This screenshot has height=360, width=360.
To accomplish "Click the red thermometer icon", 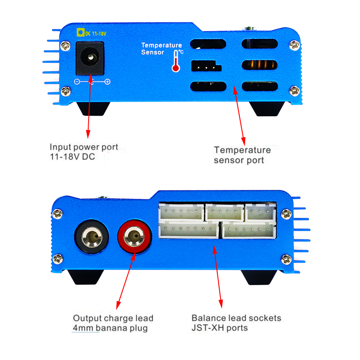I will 175,62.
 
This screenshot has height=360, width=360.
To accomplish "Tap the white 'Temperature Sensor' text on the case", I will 162,49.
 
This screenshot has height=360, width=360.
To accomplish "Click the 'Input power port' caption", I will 84,147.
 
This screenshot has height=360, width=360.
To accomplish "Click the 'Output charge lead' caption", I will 113,318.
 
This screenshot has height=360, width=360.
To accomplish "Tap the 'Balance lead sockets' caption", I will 236,318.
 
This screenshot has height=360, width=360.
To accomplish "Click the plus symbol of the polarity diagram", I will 107,82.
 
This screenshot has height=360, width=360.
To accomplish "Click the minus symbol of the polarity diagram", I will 77,82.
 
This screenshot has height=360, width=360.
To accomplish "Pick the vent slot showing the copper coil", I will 260,66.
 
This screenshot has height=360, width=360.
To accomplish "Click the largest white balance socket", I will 189,230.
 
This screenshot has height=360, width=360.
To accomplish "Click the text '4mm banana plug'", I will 110,328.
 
